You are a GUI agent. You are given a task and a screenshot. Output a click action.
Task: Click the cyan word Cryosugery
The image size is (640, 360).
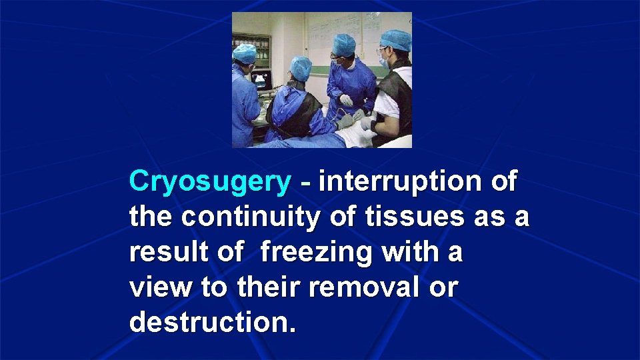click(210, 182)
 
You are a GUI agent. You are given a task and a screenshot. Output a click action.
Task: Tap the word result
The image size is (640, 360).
click(164, 253)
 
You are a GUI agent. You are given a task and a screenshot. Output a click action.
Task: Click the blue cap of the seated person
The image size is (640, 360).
click(301, 67)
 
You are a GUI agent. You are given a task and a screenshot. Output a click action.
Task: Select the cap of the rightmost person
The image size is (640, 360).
click(396, 40)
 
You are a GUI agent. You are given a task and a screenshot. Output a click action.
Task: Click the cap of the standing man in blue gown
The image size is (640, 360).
click(344, 45)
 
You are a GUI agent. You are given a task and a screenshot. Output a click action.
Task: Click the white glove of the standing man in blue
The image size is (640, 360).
click(346, 101)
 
